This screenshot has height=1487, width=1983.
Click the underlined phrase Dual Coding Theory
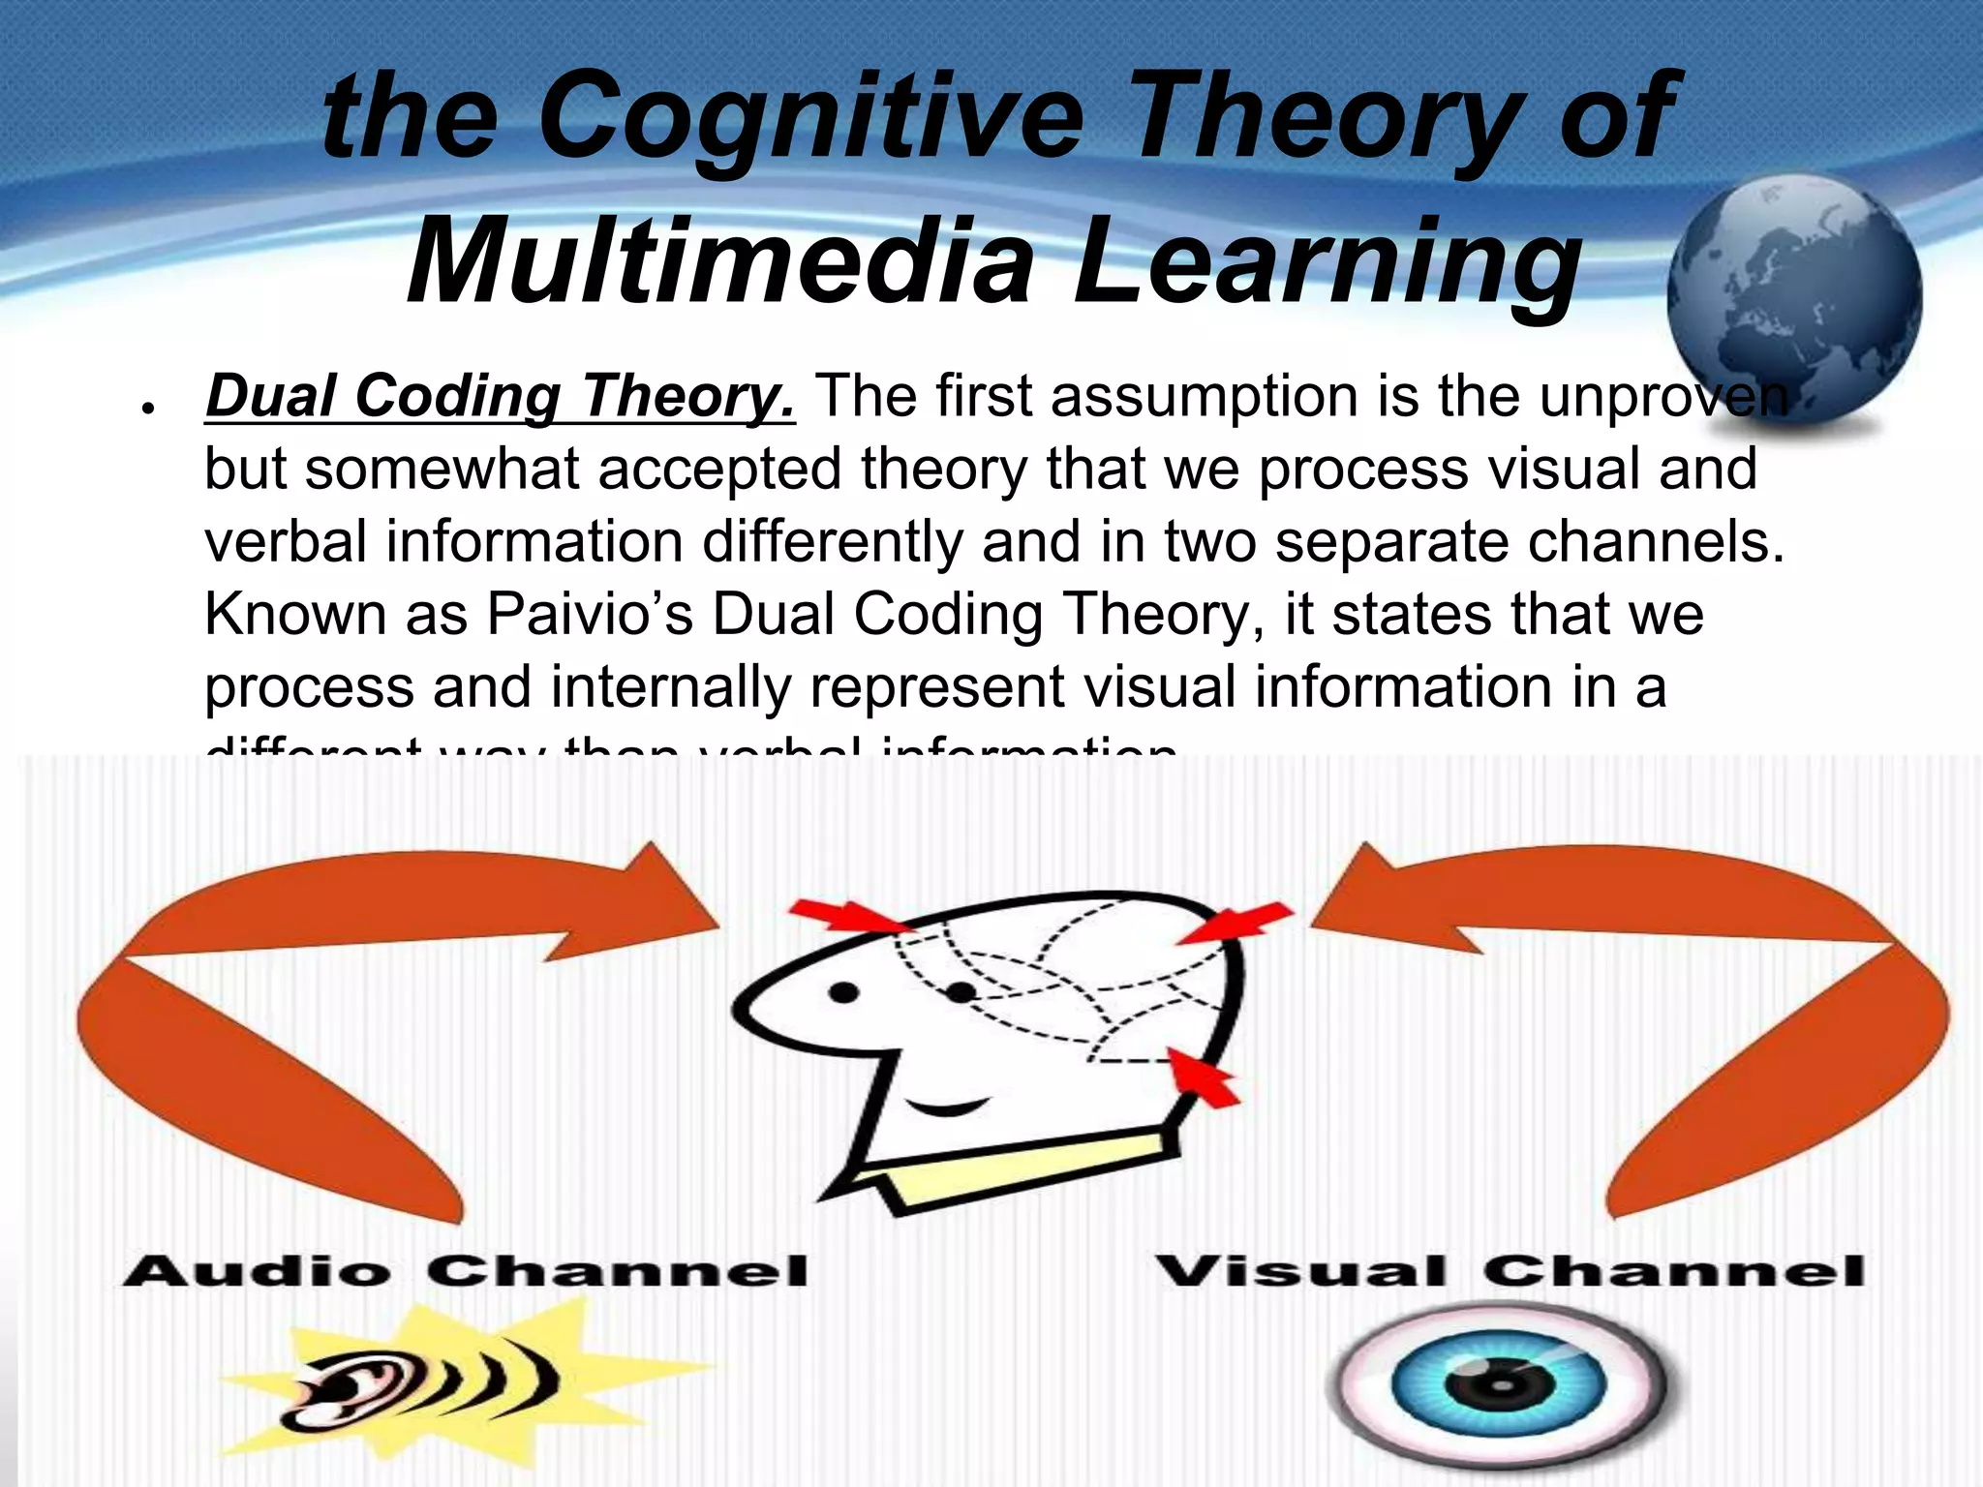tap(500, 397)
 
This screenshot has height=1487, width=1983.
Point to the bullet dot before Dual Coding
tap(147, 410)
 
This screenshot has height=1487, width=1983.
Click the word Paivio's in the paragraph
tap(590, 614)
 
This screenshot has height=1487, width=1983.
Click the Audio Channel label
tap(466, 1271)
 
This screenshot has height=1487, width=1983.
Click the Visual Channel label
tap(1510, 1271)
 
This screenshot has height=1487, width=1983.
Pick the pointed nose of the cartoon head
tap(750, 1007)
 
